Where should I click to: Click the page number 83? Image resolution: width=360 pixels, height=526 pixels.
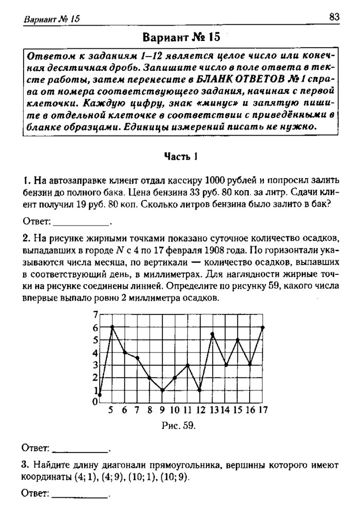point(334,17)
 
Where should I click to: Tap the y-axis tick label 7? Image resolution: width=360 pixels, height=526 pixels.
point(94,314)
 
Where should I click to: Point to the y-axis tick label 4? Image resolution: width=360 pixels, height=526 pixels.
point(94,352)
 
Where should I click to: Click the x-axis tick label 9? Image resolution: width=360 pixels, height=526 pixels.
point(162,410)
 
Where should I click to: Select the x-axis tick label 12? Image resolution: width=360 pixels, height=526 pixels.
point(200,410)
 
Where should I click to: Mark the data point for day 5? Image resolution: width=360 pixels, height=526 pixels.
point(112,327)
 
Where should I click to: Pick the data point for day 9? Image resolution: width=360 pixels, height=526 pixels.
point(162,390)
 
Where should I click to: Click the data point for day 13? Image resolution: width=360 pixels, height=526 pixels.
point(213,334)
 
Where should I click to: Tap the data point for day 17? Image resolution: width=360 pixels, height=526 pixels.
point(263,327)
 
